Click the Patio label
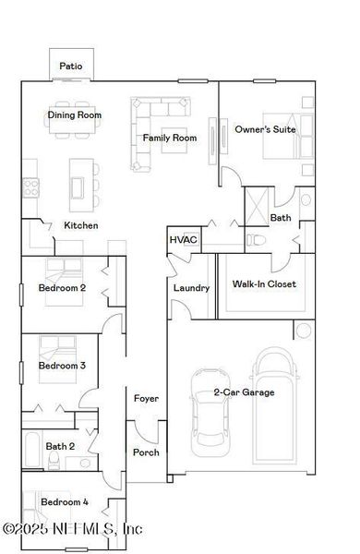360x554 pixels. pos(71,66)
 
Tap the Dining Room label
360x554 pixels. pos(75,115)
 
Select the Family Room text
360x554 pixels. pos(170,138)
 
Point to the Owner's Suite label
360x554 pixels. pos(265,129)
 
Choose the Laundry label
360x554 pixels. pos(191,287)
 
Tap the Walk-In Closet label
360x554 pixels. pos(264,283)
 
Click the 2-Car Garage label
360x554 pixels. pos(245,392)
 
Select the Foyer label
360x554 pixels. pos(146,398)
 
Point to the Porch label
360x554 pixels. pos(146,452)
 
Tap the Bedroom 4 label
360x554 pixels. pos(65,501)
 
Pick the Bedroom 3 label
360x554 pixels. pos(62,366)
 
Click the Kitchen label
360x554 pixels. pos(80,225)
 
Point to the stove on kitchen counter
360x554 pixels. pos(30,187)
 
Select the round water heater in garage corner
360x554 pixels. pos(303,331)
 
